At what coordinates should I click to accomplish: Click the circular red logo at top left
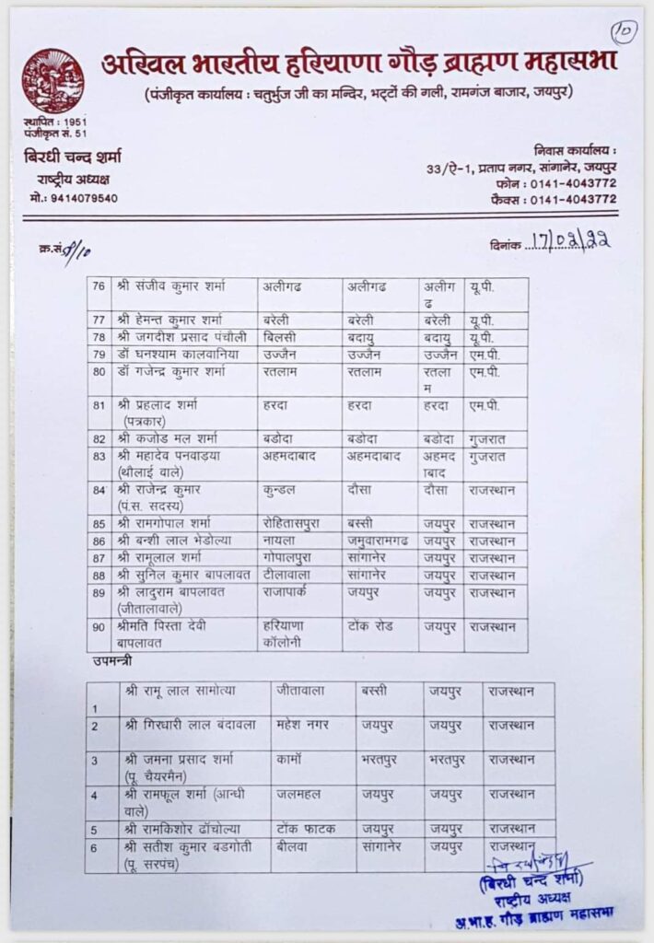53,81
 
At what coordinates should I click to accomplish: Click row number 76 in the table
99,286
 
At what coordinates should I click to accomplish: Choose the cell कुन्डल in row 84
283,489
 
